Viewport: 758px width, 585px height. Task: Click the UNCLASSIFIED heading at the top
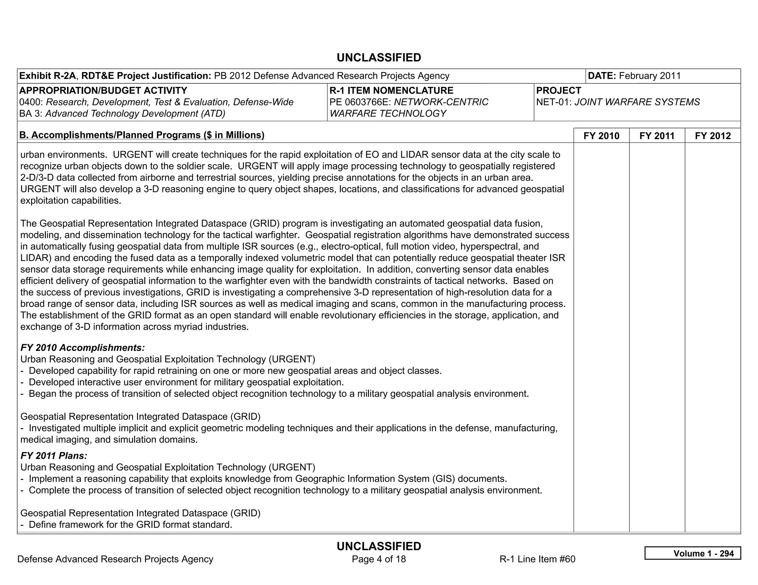pos(379,58)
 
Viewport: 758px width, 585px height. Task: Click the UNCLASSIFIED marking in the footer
pos(379,546)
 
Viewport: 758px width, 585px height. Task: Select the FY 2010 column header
pos(601,136)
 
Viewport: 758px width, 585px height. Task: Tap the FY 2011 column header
pos(657,136)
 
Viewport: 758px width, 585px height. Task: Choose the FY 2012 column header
pos(713,136)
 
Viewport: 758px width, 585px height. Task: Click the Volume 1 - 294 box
pos(692,553)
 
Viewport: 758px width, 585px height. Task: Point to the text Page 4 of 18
pos(379,559)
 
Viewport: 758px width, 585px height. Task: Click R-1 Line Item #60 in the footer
pos(537,559)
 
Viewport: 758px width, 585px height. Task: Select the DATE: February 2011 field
pos(634,76)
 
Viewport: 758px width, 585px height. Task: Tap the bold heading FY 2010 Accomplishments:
pos(83,348)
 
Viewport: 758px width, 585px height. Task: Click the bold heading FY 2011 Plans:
pos(54,456)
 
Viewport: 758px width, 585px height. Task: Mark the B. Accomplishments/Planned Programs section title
pos(142,135)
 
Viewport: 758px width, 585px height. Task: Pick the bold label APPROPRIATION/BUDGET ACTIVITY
pos(103,91)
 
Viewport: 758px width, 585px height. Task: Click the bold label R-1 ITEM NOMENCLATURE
pos(391,91)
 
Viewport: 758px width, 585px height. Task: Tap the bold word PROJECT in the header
pos(559,91)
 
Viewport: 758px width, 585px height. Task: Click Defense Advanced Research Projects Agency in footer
pos(115,559)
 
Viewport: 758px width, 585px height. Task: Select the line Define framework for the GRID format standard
pos(130,524)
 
